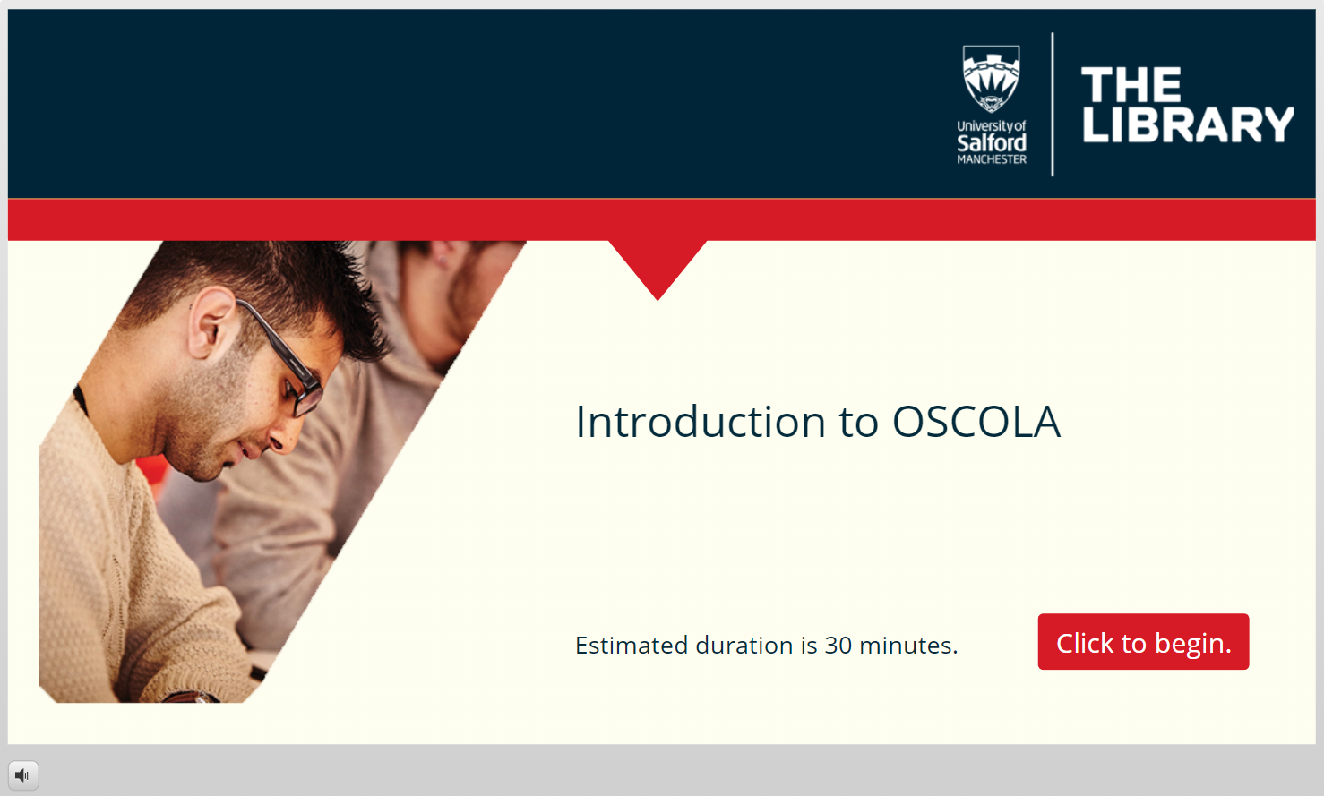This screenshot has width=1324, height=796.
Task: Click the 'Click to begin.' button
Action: (1143, 642)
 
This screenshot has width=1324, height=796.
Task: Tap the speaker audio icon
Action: (23, 775)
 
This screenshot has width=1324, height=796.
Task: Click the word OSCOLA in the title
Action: (976, 422)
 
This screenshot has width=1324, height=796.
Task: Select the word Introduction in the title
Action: (701, 422)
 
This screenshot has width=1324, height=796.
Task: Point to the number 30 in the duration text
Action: (838, 646)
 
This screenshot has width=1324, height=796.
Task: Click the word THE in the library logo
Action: (1131, 84)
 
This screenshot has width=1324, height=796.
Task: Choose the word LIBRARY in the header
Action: (1188, 124)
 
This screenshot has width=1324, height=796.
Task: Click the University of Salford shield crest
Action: (992, 79)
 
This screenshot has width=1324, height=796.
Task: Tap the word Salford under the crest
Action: (992, 143)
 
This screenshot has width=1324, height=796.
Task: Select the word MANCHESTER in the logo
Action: (992, 159)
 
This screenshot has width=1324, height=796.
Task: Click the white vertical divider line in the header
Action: (1053, 104)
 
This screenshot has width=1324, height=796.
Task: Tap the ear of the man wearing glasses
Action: (210, 322)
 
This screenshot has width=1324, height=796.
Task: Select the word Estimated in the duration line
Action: (632, 646)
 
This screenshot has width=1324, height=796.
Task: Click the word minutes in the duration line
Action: (907, 646)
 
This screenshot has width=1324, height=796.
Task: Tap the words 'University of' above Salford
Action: (992, 126)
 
